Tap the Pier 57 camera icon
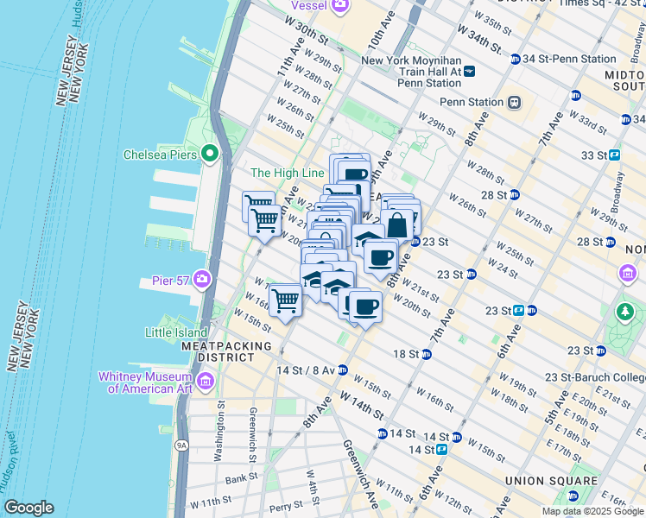coord(202,278)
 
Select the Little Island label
coord(176,332)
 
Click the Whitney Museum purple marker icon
coord(206,382)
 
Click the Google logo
coord(28,508)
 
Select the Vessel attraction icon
coord(339,5)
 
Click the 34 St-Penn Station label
coord(573,59)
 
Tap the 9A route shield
coord(181,445)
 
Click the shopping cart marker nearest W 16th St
coord(285,302)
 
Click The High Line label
coord(286,174)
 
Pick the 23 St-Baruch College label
coord(596,377)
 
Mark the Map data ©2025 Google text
coord(592,511)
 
